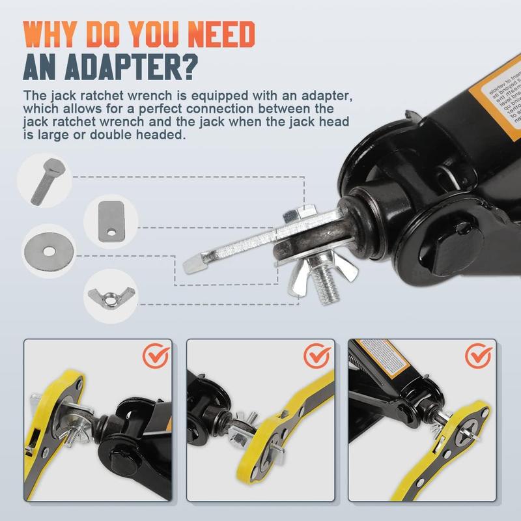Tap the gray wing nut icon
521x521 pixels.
click(107, 294)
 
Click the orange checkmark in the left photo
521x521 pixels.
click(156, 355)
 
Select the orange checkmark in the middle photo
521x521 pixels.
click(318, 355)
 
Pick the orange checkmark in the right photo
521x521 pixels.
click(479, 356)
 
